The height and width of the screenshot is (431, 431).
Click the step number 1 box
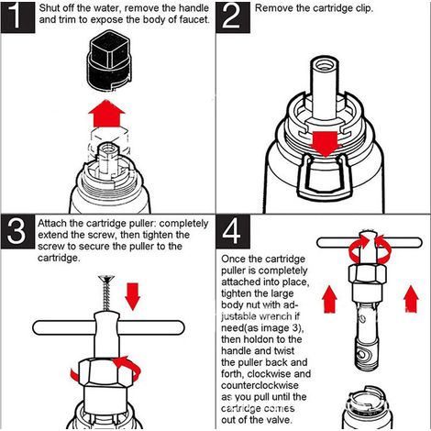(x=17, y=17)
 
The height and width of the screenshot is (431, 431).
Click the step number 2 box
(x=233, y=17)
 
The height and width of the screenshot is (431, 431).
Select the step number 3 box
(x=17, y=232)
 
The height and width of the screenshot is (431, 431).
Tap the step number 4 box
(x=233, y=232)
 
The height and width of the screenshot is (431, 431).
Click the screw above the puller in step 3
(x=105, y=293)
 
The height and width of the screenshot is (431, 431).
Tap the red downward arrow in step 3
(x=133, y=296)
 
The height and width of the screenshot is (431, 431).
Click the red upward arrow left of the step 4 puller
(x=329, y=299)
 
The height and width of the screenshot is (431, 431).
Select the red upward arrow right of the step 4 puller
(x=411, y=299)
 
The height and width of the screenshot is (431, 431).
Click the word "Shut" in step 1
(x=50, y=8)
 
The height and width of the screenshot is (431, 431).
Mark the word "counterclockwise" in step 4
(x=260, y=385)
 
